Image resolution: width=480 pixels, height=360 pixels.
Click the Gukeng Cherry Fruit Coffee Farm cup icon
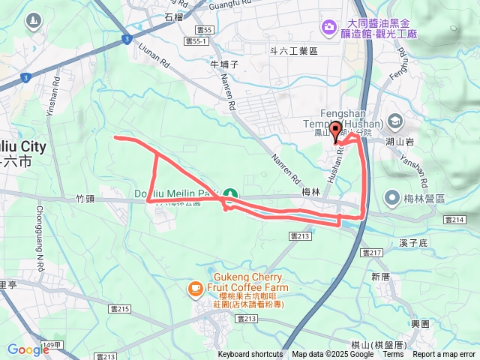point(194,287)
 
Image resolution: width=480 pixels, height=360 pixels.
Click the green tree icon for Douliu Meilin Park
point(230,195)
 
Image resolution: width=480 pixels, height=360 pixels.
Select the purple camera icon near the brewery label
point(328,28)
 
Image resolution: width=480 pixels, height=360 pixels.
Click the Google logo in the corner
point(28,349)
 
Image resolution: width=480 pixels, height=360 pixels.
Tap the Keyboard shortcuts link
point(250,355)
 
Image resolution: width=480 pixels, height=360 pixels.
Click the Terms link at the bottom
point(394,355)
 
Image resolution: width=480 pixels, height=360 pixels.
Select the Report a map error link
point(445,355)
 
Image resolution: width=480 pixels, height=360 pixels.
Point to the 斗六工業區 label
point(294,51)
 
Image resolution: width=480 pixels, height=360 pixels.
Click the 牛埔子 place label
point(224,64)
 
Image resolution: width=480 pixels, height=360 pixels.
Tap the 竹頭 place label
point(86,199)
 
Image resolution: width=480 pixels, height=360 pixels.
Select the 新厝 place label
point(380,277)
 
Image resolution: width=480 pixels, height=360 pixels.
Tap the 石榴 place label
point(173,16)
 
